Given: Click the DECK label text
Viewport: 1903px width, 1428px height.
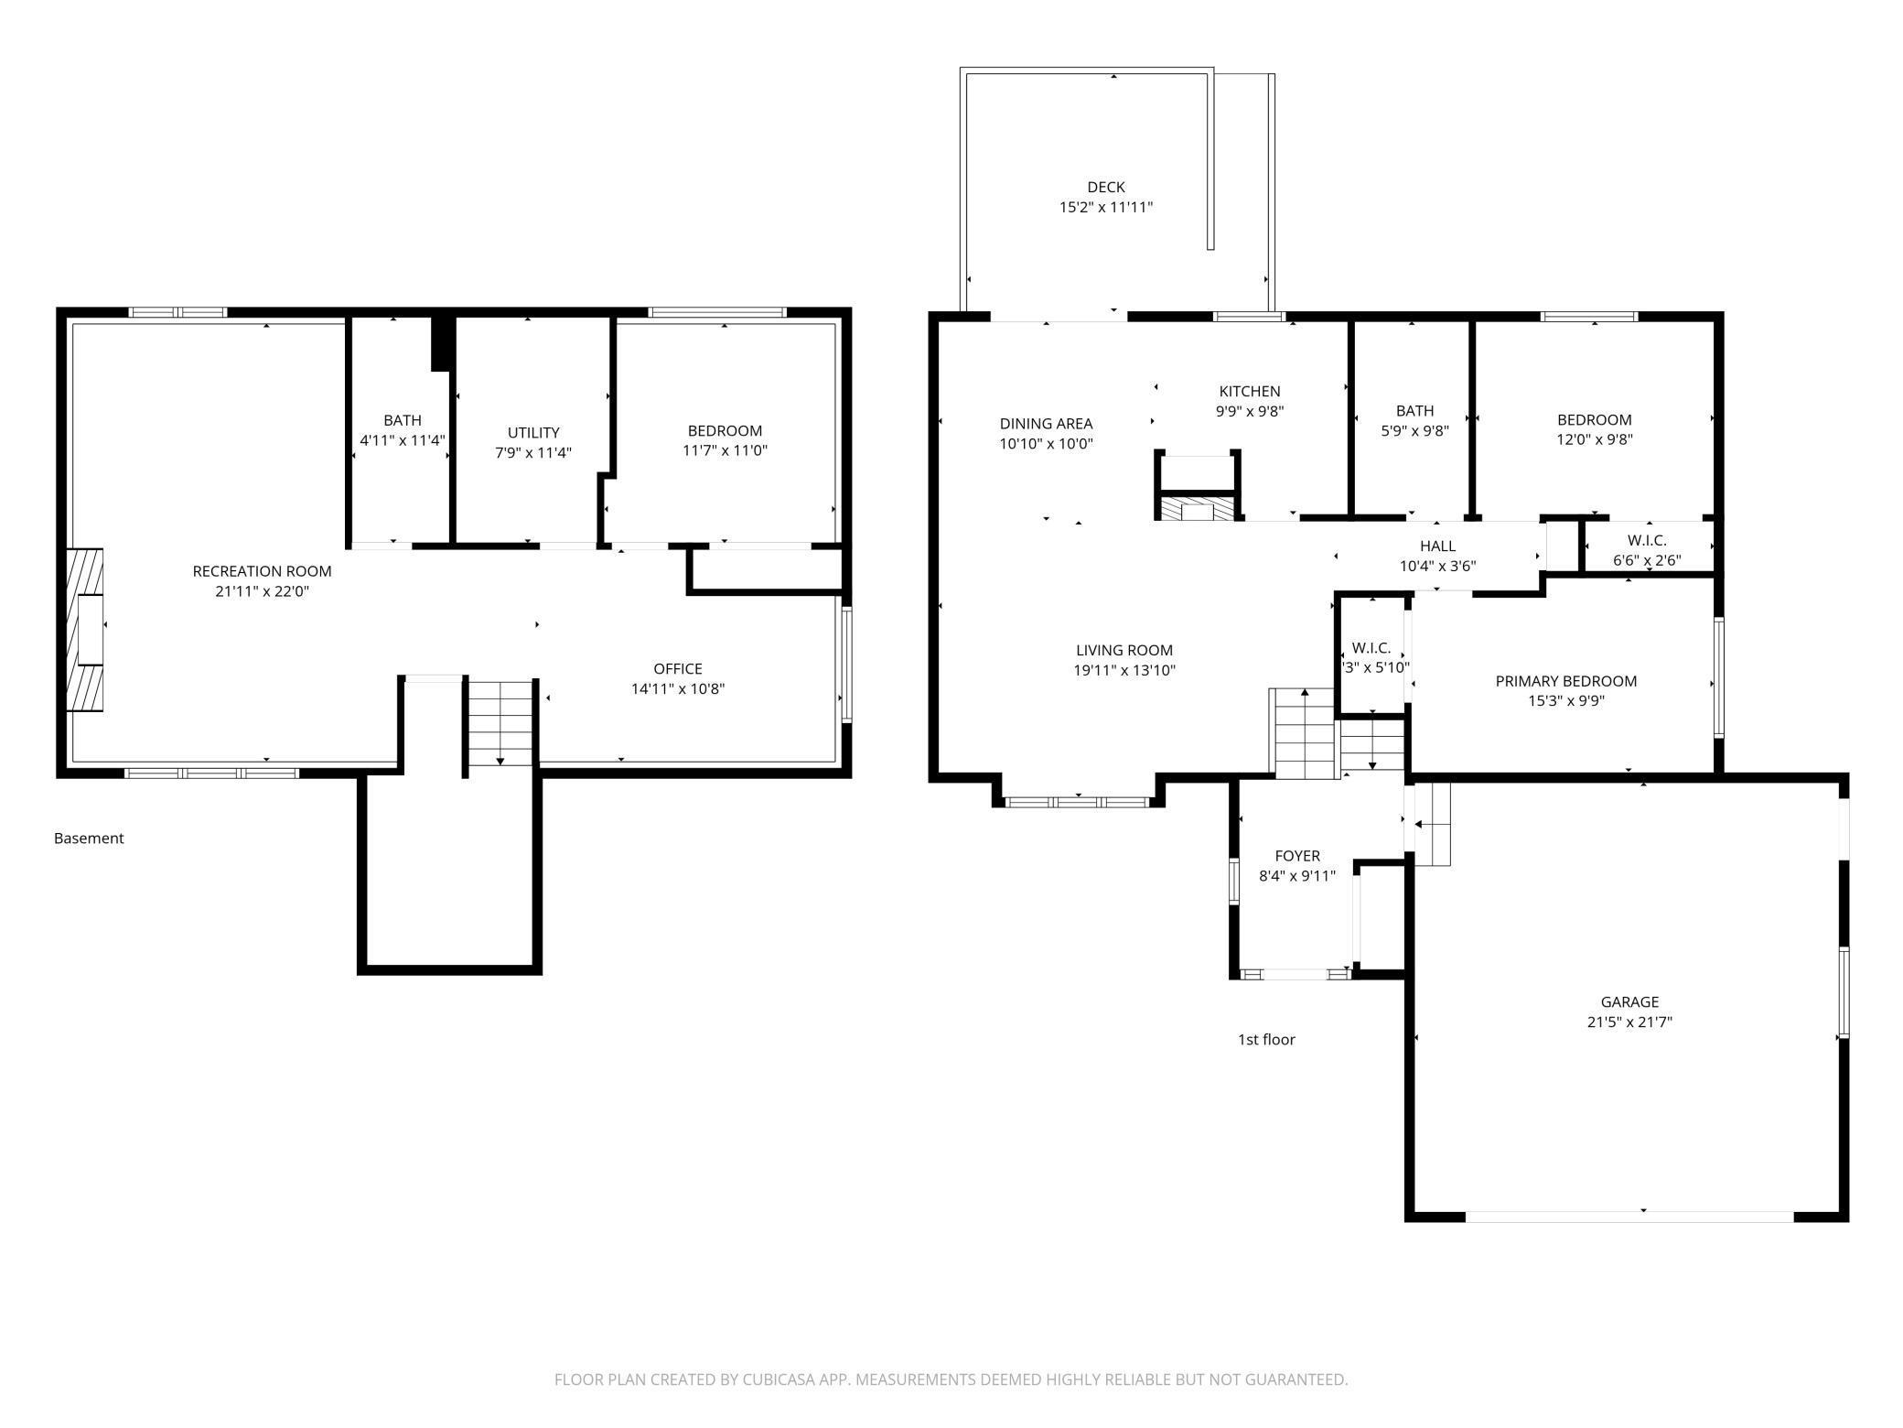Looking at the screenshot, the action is tap(1106, 187).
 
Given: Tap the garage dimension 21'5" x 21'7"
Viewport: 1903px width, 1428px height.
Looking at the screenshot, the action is tap(1629, 1022).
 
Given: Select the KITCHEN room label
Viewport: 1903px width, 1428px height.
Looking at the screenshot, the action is tap(1250, 391).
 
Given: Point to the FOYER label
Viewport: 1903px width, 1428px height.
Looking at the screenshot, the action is tap(1297, 856).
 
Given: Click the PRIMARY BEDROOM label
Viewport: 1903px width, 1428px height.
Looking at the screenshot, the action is tap(1566, 681).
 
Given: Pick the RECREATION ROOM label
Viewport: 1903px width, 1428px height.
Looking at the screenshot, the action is tap(262, 571).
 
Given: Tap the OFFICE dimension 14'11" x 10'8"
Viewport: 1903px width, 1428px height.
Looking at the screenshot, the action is tap(678, 688).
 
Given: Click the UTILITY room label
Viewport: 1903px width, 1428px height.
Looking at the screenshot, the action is tap(533, 432).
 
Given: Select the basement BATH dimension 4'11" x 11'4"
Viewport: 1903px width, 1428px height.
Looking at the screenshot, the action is tap(403, 439).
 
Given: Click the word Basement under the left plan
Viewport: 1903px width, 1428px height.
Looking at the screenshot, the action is tap(89, 838).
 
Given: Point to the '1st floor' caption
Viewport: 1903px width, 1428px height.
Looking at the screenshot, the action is tap(1266, 1039).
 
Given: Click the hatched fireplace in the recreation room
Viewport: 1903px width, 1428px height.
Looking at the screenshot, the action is tap(85, 629).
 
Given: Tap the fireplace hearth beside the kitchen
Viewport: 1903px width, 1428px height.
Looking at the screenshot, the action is tap(1197, 508).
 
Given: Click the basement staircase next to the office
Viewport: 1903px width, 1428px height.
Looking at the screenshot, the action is tap(500, 722).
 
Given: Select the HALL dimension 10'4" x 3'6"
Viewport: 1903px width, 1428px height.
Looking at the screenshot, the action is tap(1437, 566).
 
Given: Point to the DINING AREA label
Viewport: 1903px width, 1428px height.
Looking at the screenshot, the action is tap(1046, 424).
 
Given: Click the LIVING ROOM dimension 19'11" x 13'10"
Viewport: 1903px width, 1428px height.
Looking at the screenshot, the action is tap(1124, 670).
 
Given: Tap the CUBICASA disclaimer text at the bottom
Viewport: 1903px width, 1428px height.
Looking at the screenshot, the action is tap(951, 1379).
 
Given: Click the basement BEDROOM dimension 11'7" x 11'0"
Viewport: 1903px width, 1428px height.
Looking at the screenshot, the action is tap(725, 450).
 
